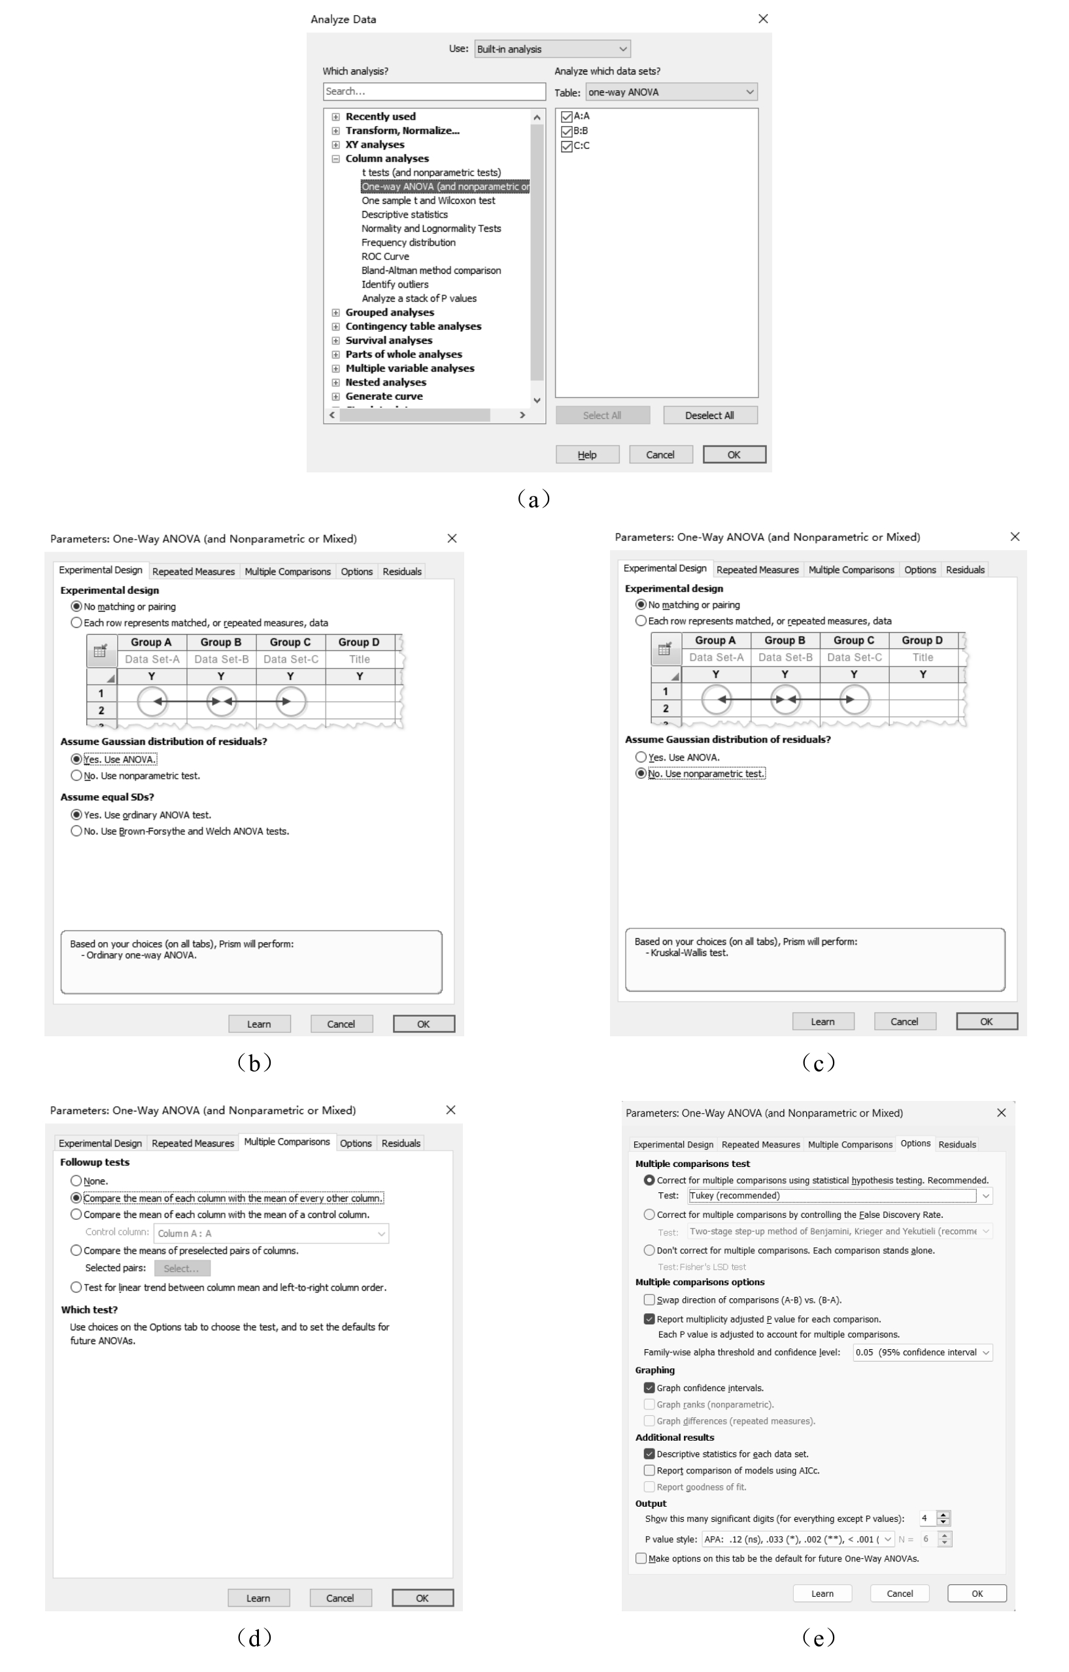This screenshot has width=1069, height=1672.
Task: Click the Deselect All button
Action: click(709, 415)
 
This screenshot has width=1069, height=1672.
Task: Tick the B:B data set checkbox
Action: click(567, 131)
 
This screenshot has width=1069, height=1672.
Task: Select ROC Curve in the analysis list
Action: click(385, 256)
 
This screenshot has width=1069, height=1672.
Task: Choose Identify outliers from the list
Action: click(394, 284)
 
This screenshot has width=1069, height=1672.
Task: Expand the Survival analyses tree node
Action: click(335, 340)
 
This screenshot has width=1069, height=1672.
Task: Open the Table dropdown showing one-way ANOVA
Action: click(671, 91)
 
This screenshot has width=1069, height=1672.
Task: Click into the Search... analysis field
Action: click(434, 91)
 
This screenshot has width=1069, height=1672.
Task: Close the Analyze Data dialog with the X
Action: click(762, 19)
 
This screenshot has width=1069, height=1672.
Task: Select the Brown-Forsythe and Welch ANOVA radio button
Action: click(76, 831)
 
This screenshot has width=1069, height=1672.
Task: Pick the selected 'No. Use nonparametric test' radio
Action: click(641, 774)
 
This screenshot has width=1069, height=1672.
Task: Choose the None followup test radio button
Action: click(76, 1181)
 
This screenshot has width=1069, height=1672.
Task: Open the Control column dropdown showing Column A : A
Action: click(271, 1233)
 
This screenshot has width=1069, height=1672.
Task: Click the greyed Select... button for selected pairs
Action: click(181, 1268)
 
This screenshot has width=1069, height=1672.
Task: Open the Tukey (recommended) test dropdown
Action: click(840, 1196)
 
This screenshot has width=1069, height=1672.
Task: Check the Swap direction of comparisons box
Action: click(649, 1300)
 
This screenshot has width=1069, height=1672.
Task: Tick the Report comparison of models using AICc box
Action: click(649, 1470)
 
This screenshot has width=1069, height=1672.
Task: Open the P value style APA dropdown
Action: click(798, 1539)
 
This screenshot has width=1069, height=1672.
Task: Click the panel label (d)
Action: click(254, 1637)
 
